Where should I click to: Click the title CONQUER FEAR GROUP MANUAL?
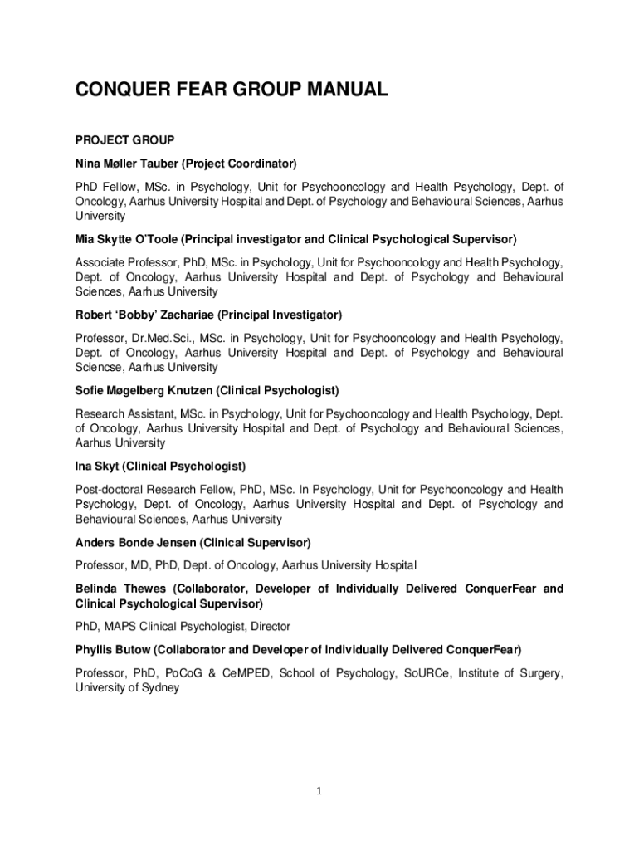click(x=232, y=89)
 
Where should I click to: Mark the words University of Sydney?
click(x=127, y=688)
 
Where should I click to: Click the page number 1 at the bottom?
click(x=319, y=791)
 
